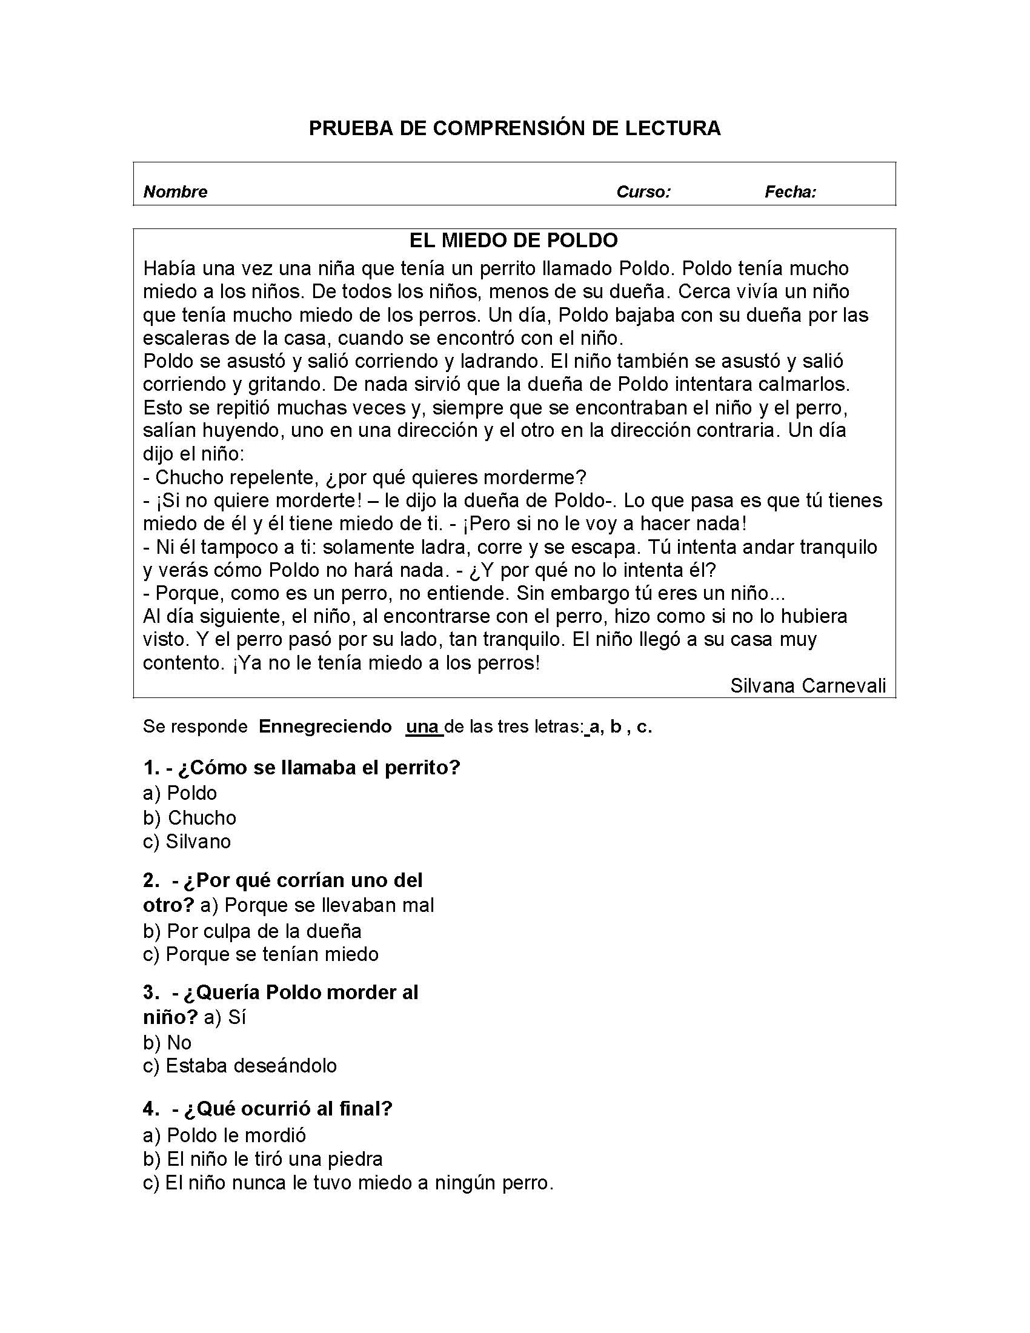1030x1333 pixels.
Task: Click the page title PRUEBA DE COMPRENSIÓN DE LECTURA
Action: point(514,128)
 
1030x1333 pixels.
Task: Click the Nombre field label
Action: point(175,192)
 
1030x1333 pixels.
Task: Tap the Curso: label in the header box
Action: point(643,192)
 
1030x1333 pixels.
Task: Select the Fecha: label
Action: point(790,192)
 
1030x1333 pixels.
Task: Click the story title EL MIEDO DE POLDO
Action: point(514,241)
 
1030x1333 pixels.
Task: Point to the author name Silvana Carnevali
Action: point(807,686)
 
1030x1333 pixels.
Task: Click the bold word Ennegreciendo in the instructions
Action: point(325,726)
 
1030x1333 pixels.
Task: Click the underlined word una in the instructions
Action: point(423,726)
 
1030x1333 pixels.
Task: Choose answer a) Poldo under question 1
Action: point(180,793)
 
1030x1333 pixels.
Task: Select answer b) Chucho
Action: point(189,817)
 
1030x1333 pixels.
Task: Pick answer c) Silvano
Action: point(187,842)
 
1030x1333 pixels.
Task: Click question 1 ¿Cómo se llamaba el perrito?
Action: point(302,767)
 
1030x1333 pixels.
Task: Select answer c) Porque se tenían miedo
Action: point(261,954)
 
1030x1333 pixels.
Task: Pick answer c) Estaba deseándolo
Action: point(240,1066)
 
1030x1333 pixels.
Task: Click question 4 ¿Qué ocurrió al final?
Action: point(268,1108)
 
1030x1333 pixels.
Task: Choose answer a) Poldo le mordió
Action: point(225,1135)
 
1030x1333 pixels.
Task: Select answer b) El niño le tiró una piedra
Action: point(262,1159)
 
